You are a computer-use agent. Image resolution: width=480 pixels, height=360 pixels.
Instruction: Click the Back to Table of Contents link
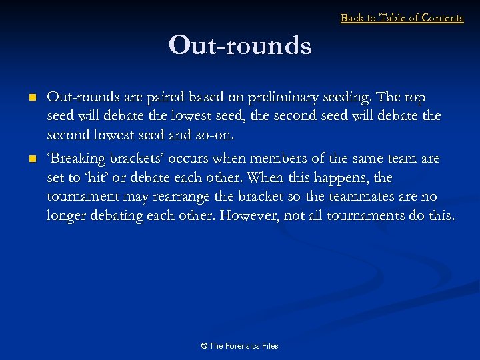[401, 18]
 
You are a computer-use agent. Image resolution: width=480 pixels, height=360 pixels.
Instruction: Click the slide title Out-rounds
[240, 45]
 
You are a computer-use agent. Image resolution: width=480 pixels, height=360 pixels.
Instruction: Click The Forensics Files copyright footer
[239, 345]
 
